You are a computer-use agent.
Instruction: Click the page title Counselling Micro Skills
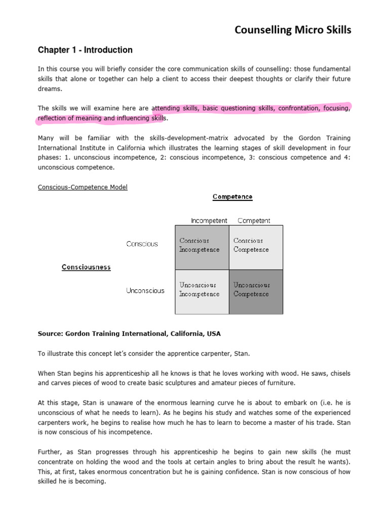(292, 30)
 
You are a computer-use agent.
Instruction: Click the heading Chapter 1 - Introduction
(85, 50)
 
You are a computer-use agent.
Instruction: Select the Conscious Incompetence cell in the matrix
(202, 247)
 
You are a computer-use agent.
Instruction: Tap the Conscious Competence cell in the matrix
(256, 247)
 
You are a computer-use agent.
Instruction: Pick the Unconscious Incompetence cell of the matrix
(202, 291)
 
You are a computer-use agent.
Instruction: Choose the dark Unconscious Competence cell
(256, 291)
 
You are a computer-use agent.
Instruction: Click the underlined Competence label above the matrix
(232, 196)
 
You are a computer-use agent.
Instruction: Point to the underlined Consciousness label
(86, 267)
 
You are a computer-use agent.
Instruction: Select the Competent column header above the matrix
(254, 221)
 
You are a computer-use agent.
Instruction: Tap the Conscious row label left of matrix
(142, 244)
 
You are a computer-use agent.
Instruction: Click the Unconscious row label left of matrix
(145, 291)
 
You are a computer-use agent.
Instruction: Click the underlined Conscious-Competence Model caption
(83, 187)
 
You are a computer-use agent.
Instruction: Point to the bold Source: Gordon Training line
(129, 334)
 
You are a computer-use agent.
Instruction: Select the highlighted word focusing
(337, 108)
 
